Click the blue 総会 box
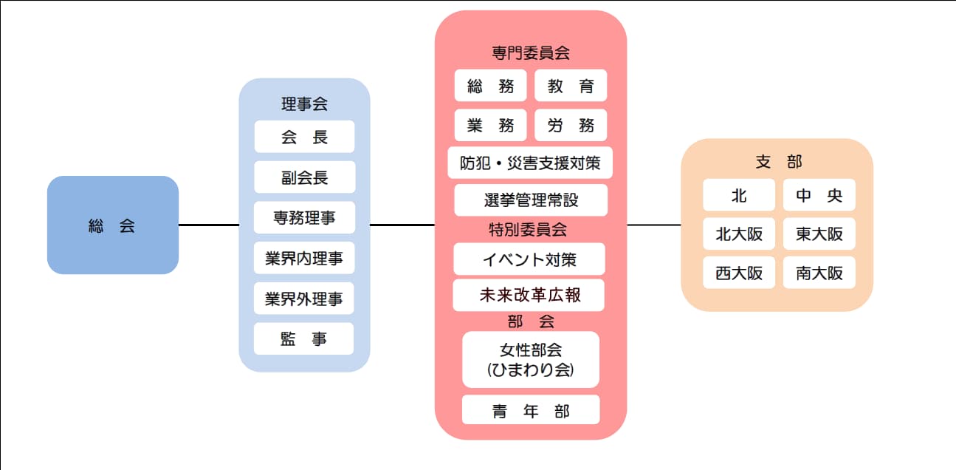[x=112, y=225]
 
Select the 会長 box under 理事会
[x=304, y=137]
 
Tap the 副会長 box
[x=304, y=177]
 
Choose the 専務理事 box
[x=304, y=218]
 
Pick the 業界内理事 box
[x=304, y=259]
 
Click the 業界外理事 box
[x=304, y=299]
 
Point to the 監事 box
[x=304, y=339]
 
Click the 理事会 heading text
[x=304, y=104]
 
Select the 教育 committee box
[x=571, y=86]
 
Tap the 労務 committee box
[x=571, y=126]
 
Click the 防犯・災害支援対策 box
[x=530, y=163]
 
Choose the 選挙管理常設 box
[x=530, y=200]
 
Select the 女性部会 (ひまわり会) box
[x=530, y=359]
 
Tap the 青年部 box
[x=530, y=410]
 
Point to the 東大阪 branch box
[x=819, y=234]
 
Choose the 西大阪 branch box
[x=739, y=273]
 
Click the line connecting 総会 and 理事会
[x=209, y=225]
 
